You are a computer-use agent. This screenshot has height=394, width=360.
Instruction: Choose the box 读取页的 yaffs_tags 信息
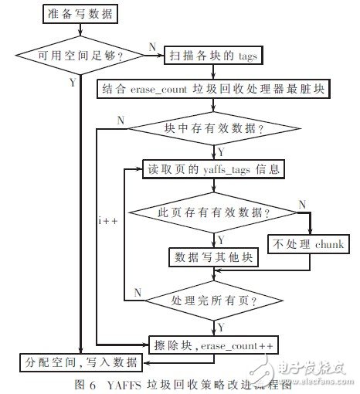212,168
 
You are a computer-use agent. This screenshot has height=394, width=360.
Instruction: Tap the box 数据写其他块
212,256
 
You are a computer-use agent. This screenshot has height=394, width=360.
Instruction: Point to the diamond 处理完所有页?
212,297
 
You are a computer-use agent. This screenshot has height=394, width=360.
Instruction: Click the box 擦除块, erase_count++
212,341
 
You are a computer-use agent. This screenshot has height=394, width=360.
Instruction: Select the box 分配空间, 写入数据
80,361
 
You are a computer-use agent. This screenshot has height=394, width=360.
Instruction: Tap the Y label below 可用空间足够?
73,79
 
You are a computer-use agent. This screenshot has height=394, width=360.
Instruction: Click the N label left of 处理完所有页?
137,290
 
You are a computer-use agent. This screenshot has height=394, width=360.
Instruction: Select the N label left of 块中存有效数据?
121,120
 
